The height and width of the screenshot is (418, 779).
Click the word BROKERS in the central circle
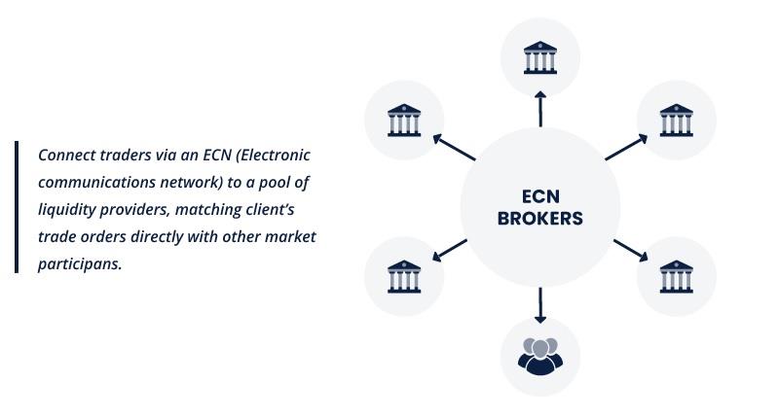pos(539,219)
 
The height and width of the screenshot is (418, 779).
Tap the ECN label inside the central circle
pos(539,195)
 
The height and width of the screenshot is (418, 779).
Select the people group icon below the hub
pos(539,356)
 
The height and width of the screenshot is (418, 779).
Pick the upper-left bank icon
pos(403,121)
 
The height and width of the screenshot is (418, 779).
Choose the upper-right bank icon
pos(676,121)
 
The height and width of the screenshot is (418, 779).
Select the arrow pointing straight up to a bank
pos(539,109)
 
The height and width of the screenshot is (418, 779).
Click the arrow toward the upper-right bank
pos(626,147)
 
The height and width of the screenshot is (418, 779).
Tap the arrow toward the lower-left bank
pos(449,250)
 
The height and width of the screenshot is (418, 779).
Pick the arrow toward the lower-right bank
pos(630,250)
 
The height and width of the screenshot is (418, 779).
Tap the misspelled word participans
pos(80,263)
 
